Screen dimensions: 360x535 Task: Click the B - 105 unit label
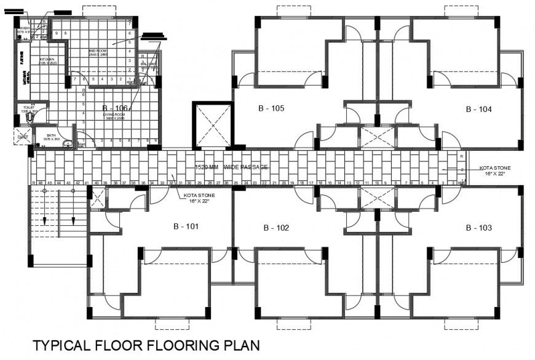point(271,109)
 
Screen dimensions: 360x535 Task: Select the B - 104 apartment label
point(478,110)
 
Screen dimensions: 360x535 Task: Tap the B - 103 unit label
point(478,228)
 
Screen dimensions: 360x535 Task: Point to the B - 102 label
point(276,228)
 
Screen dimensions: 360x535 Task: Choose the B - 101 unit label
point(186,226)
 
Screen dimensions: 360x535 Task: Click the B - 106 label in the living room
point(115,107)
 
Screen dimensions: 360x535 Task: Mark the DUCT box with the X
point(22,137)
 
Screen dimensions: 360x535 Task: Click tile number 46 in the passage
point(41,183)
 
